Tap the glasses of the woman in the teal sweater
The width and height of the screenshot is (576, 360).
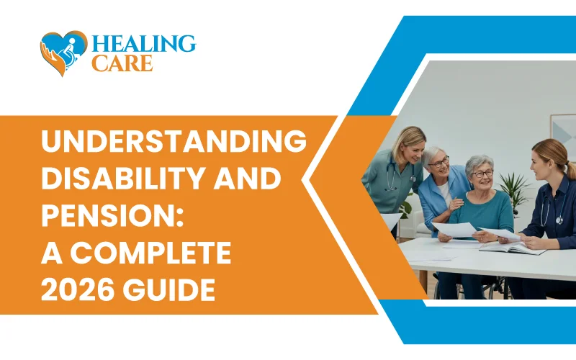coord(482,174)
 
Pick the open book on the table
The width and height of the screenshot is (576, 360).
coord(512,248)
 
